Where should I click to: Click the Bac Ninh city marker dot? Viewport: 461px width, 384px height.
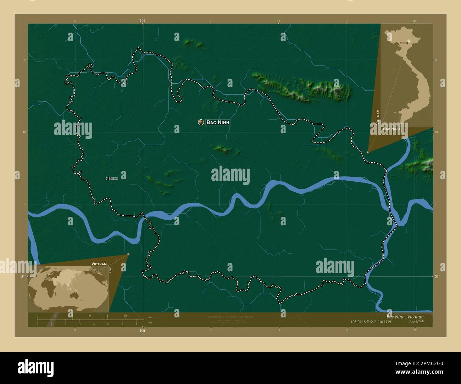point(201,122)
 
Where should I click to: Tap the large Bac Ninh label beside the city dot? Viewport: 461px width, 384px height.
point(218,122)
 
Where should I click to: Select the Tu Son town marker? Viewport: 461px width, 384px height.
point(108,178)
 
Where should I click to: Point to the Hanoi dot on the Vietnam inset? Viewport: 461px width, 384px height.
point(407,42)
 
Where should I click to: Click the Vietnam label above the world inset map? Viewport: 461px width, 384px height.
point(99,264)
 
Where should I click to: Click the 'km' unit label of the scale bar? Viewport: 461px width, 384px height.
point(151,317)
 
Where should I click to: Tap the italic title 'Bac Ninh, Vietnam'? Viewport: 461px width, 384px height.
point(405,316)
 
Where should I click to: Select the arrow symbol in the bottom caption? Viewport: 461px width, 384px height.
point(399,322)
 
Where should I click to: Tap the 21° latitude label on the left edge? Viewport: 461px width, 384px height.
point(23,276)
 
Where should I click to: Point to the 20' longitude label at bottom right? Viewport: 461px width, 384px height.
point(414,330)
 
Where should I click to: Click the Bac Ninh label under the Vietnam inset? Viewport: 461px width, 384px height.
point(391,129)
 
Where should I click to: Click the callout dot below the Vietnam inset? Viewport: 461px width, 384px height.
point(368,152)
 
